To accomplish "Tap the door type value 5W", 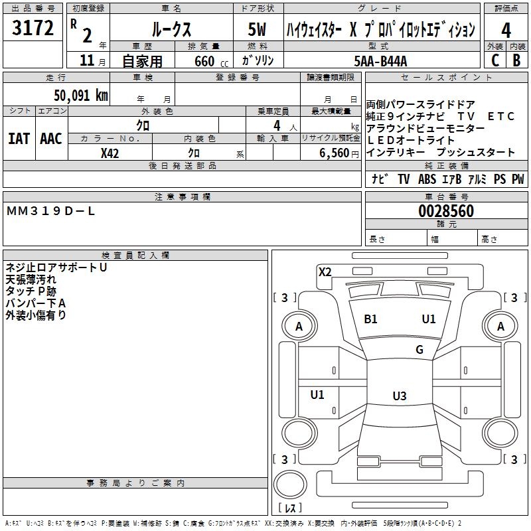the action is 258,30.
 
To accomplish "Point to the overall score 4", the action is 506,30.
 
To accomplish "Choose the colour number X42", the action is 110,153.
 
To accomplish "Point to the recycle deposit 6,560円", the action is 339,153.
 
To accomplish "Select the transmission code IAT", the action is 19,139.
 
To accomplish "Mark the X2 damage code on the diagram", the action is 325,271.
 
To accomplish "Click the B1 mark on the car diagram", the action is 370,319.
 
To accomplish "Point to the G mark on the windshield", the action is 419,350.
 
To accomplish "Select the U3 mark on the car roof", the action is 399,396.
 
